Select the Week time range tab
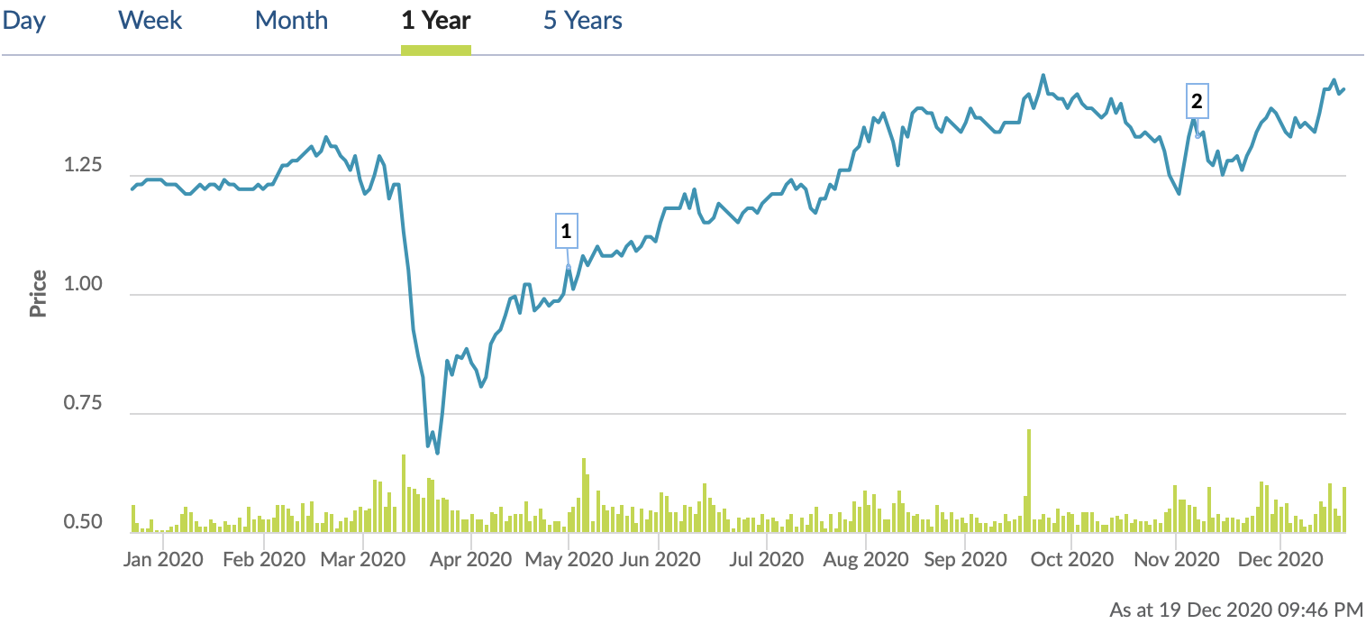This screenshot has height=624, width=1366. click(150, 20)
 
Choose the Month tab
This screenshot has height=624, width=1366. click(291, 20)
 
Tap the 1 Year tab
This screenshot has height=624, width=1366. click(436, 20)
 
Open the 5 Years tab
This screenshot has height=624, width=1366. click(582, 20)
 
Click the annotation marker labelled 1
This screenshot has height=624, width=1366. click(566, 232)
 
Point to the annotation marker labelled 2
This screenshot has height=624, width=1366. click(1197, 103)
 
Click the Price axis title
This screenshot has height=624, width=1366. click(38, 293)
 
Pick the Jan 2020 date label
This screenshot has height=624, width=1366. click(163, 559)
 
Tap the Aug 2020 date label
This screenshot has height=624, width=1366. click(865, 559)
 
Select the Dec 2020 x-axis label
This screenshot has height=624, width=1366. click(1279, 559)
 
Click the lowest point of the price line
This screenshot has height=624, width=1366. click(437, 453)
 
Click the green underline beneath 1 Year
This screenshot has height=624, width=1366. click(436, 50)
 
